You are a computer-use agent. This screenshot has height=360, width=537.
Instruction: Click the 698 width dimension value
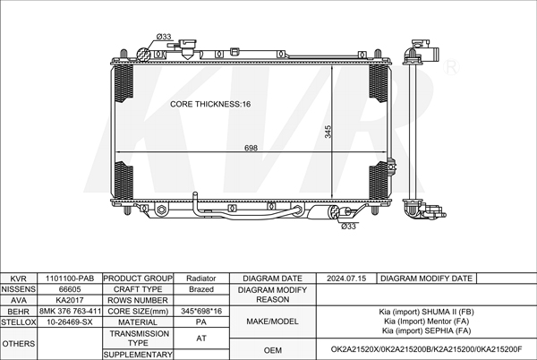click(x=251, y=148)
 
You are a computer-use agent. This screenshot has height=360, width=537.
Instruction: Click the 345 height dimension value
click(x=328, y=132)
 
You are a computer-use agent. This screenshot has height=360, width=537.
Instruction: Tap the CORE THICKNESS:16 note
click(x=210, y=104)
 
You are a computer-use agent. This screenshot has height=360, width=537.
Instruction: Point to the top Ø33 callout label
click(x=164, y=37)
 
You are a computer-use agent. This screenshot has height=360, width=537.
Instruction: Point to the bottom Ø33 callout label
click(x=348, y=227)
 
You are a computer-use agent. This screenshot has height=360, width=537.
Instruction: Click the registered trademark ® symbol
click(x=451, y=68)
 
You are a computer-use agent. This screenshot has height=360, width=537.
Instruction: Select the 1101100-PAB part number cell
click(x=70, y=279)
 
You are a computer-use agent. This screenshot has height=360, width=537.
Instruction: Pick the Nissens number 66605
click(x=70, y=289)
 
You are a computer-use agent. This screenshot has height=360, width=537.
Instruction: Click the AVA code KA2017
click(x=70, y=300)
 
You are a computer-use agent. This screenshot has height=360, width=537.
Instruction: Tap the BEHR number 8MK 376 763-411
click(x=70, y=311)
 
